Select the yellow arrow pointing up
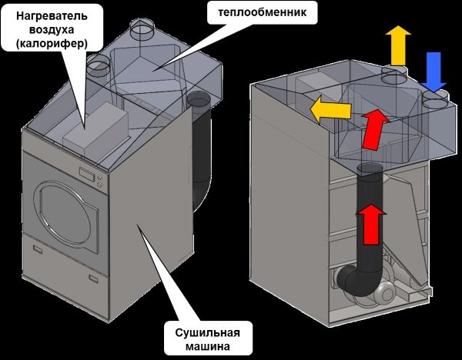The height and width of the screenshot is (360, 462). pos(398,45)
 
